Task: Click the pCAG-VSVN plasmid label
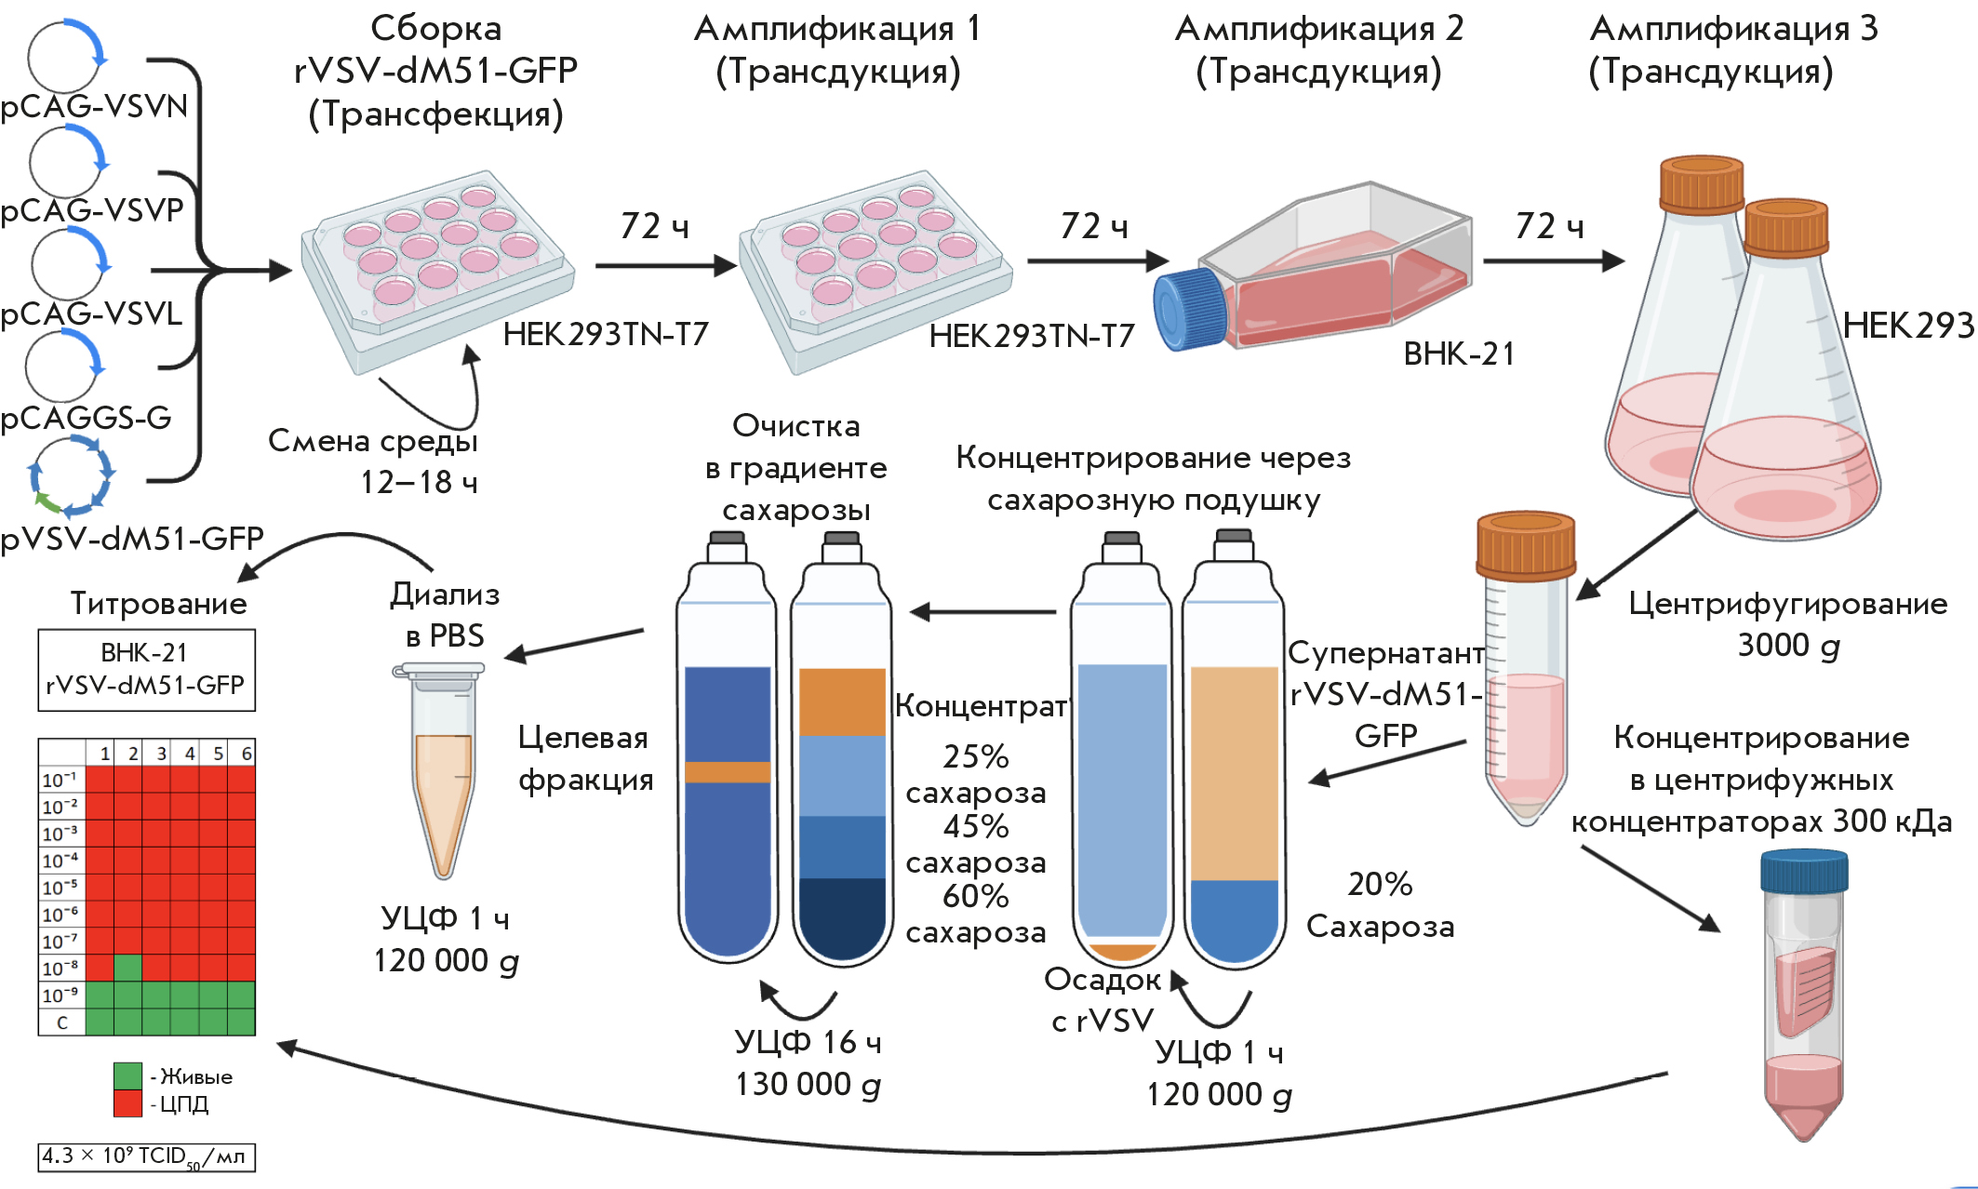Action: [x=94, y=106]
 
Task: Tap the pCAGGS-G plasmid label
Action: [x=87, y=418]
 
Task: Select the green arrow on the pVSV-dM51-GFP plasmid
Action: [x=47, y=503]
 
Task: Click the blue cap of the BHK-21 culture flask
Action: [x=1190, y=309]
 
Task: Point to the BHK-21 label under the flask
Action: [x=1459, y=354]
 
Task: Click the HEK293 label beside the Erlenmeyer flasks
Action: [x=1907, y=326]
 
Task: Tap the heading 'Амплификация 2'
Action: [x=1318, y=29]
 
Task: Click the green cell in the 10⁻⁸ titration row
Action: [x=128, y=968]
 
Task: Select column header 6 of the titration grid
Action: [x=246, y=753]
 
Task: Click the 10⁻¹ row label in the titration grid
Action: [x=60, y=780]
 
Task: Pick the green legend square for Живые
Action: [x=127, y=1075]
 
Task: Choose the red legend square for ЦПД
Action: [x=127, y=1103]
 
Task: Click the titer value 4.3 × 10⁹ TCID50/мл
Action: [x=146, y=1156]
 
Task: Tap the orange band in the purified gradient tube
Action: [x=728, y=772]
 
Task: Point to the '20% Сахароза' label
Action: [x=1380, y=904]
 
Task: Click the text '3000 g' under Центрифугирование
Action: [x=1787, y=645]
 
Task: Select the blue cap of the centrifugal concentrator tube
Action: [x=1803, y=872]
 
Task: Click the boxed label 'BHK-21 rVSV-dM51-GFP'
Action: [x=146, y=669]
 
